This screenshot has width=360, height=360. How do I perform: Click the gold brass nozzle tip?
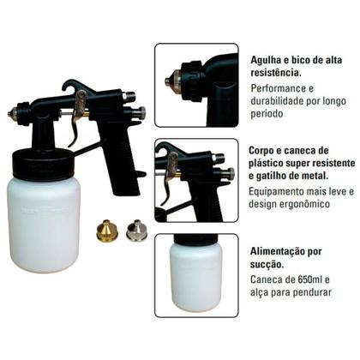pyautogui.click(x=107, y=231)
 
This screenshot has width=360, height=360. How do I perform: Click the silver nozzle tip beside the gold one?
pyautogui.click(x=135, y=231)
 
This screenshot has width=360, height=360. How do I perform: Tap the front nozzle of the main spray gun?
pyautogui.click(x=15, y=112)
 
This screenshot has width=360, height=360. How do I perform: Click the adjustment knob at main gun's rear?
pyautogui.click(x=140, y=112)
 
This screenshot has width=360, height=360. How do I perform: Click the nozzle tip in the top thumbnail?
pyautogui.click(x=170, y=81)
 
